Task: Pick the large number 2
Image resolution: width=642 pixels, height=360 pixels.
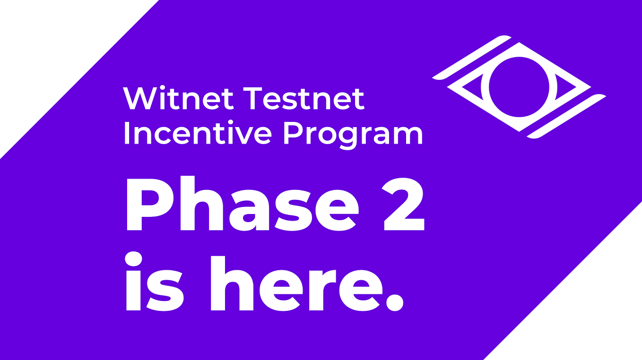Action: click(x=403, y=205)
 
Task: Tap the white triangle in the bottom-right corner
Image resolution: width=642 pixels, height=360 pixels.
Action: click(x=591, y=307)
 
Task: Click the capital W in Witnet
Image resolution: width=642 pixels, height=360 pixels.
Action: click(x=139, y=98)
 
